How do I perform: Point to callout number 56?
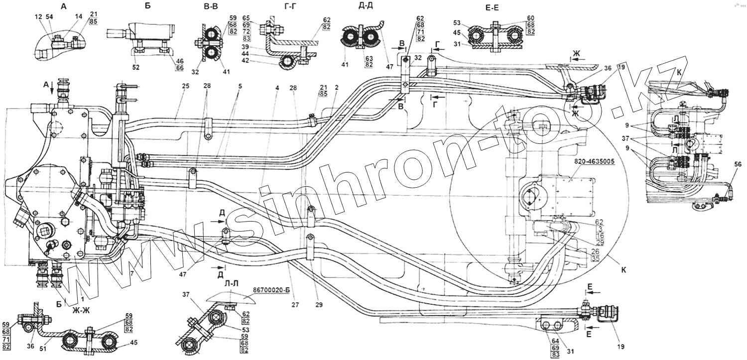tap(738, 163)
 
